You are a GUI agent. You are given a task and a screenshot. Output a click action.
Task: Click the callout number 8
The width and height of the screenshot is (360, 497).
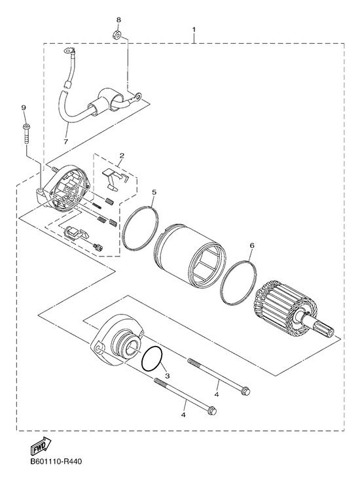118,20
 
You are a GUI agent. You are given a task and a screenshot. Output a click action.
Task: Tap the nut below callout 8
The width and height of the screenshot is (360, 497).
117,35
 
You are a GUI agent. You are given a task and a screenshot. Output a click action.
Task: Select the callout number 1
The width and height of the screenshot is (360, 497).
194,30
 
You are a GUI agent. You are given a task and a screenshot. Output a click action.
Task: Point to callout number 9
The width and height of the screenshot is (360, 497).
24,108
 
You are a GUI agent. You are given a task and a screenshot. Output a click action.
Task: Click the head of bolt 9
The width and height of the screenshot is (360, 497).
26,127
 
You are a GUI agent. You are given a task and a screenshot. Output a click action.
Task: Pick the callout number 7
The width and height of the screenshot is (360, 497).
65,142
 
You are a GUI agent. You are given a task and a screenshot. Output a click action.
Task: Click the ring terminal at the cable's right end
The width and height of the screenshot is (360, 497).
137,95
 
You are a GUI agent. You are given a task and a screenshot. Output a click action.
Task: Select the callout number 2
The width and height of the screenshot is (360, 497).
122,156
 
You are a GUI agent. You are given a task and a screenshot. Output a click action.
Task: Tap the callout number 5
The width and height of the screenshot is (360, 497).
154,192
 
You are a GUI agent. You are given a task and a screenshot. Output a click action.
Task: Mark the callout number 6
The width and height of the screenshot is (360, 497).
252,246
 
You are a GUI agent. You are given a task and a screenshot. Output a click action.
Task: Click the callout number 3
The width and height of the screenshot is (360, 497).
168,376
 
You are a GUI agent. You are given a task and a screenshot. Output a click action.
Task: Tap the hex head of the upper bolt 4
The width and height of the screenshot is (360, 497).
245,391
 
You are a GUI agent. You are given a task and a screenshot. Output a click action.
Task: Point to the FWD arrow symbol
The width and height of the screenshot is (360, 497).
41,445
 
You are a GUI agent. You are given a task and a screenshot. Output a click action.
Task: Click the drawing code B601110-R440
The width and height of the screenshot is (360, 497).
56,461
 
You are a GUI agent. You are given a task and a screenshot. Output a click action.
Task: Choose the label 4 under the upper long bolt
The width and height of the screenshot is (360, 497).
217,394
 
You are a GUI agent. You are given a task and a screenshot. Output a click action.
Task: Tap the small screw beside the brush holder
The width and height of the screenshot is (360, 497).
98,247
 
